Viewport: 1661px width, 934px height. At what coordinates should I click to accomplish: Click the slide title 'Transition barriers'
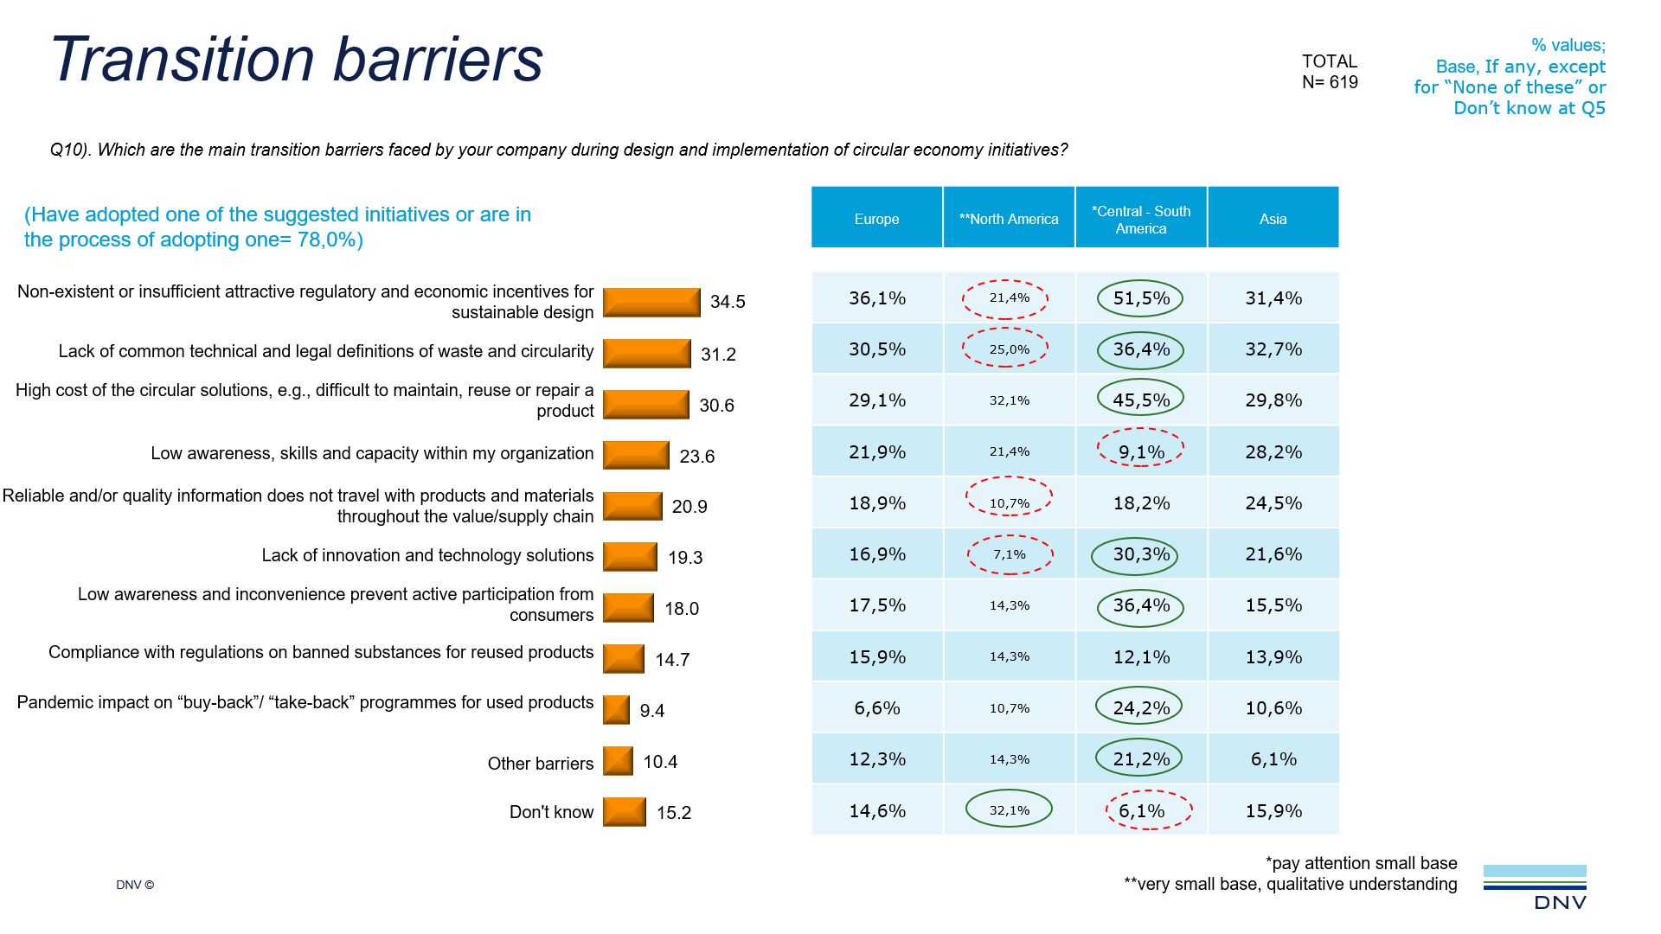(x=297, y=60)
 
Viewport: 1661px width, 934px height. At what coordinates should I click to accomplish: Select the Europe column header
(x=876, y=219)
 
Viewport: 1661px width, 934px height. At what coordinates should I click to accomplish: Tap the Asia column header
(x=1273, y=219)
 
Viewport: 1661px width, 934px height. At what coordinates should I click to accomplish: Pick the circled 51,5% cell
(x=1140, y=298)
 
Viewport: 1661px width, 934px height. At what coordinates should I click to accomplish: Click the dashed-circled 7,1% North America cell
(x=1009, y=554)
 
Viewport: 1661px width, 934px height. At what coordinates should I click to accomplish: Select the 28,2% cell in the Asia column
(x=1273, y=451)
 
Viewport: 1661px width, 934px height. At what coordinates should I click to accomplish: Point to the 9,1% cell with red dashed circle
(x=1140, y=451)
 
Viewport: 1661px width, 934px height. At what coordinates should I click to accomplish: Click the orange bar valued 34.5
(x=651, y=303)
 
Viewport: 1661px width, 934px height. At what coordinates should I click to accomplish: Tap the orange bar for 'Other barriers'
(x=618, y=762)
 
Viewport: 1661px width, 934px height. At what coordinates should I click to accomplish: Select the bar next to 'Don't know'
(x=624, y=812)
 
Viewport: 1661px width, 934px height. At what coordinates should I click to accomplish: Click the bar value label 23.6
(x=696, y=457)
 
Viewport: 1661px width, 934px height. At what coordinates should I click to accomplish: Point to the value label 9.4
(x=651, y=711)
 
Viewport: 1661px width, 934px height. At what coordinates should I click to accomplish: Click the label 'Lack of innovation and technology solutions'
(x=427, y=555)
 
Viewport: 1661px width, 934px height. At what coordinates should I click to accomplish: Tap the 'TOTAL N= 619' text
(x=1330, y=72)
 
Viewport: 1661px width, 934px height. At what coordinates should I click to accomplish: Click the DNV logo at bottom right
(x=1536, y=886)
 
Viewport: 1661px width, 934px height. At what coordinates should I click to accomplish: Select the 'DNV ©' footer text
(x=135, y=885)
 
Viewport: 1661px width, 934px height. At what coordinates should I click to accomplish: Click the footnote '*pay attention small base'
(x=1361, y=863)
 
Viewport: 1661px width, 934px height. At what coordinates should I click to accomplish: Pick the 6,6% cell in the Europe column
(x=876, y=708)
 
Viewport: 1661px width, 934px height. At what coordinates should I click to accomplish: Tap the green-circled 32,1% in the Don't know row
(x=1009, y=810)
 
